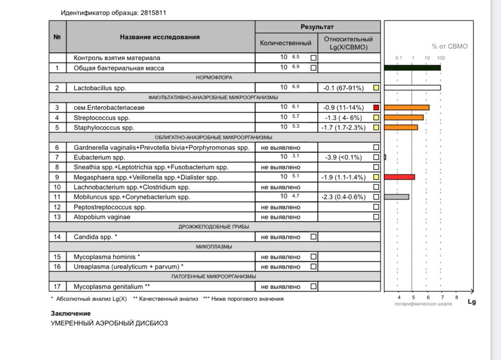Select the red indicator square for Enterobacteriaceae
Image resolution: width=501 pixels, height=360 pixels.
[376, 107]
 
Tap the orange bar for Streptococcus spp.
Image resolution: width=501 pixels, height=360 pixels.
[403, 117]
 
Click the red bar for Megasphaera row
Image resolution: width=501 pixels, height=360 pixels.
[399, 177]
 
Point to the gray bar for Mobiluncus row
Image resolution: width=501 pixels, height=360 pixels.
[396, 197]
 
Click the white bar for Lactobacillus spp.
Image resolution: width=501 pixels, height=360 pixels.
[412, 88]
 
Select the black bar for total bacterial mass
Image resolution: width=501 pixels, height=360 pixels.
[412, 68]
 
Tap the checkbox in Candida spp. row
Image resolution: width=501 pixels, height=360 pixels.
[314, 236]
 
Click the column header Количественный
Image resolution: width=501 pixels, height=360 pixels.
[286, 43]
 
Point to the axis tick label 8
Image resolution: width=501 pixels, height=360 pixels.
[456, 298]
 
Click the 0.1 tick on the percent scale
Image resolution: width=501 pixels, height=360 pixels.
[399, 58]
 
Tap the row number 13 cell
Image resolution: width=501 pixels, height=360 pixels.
[57, 217]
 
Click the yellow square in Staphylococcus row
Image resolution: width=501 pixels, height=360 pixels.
[376, 127]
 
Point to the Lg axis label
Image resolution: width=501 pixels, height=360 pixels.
[471, 302]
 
